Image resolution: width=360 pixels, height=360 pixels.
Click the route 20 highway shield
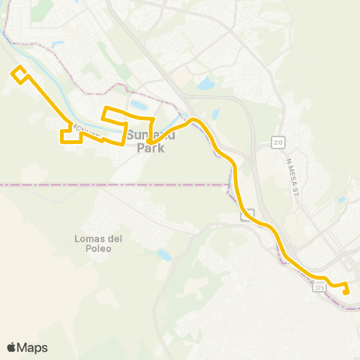(278, 142)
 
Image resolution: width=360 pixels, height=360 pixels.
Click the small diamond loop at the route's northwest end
(19, 73)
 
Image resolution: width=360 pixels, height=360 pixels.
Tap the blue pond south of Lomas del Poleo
(164, 256)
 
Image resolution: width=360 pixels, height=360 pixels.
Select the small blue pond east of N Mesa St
(342, 199)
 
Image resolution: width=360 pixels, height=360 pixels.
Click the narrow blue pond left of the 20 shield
(216, 115)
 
